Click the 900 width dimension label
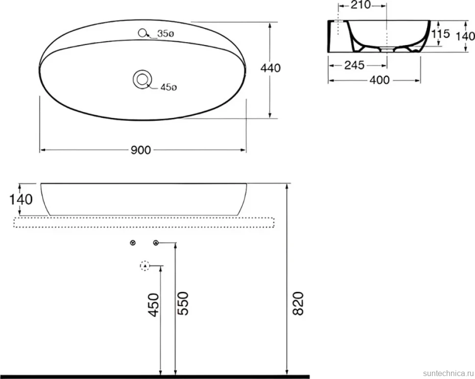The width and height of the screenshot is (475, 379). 141,150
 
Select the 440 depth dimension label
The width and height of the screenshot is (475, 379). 270,68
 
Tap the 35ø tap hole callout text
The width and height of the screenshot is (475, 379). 166,34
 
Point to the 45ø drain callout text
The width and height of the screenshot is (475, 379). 168,87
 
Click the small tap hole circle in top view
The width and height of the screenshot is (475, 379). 142,33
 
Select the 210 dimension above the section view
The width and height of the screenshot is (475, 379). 360,5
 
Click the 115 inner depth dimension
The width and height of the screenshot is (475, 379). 440,34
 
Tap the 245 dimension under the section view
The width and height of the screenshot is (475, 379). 355,65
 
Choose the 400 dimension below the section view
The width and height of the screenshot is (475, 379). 380,80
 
